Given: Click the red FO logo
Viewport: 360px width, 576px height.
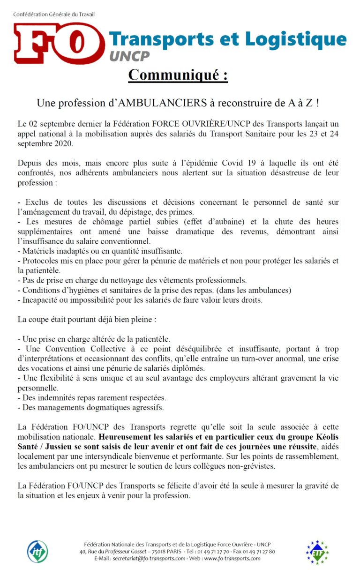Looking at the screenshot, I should pos(59,43).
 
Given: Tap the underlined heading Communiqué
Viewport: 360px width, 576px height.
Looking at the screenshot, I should pos(178,75).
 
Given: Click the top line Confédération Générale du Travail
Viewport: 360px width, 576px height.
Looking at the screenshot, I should pos(54,14).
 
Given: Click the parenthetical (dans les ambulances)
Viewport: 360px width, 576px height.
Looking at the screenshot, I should pos(256,290).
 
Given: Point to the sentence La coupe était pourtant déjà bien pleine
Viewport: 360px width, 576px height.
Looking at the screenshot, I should pos(86,320).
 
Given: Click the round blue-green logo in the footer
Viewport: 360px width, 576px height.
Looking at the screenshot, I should pos(38,552).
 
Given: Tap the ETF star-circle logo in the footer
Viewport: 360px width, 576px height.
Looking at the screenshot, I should pos(317,552).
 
